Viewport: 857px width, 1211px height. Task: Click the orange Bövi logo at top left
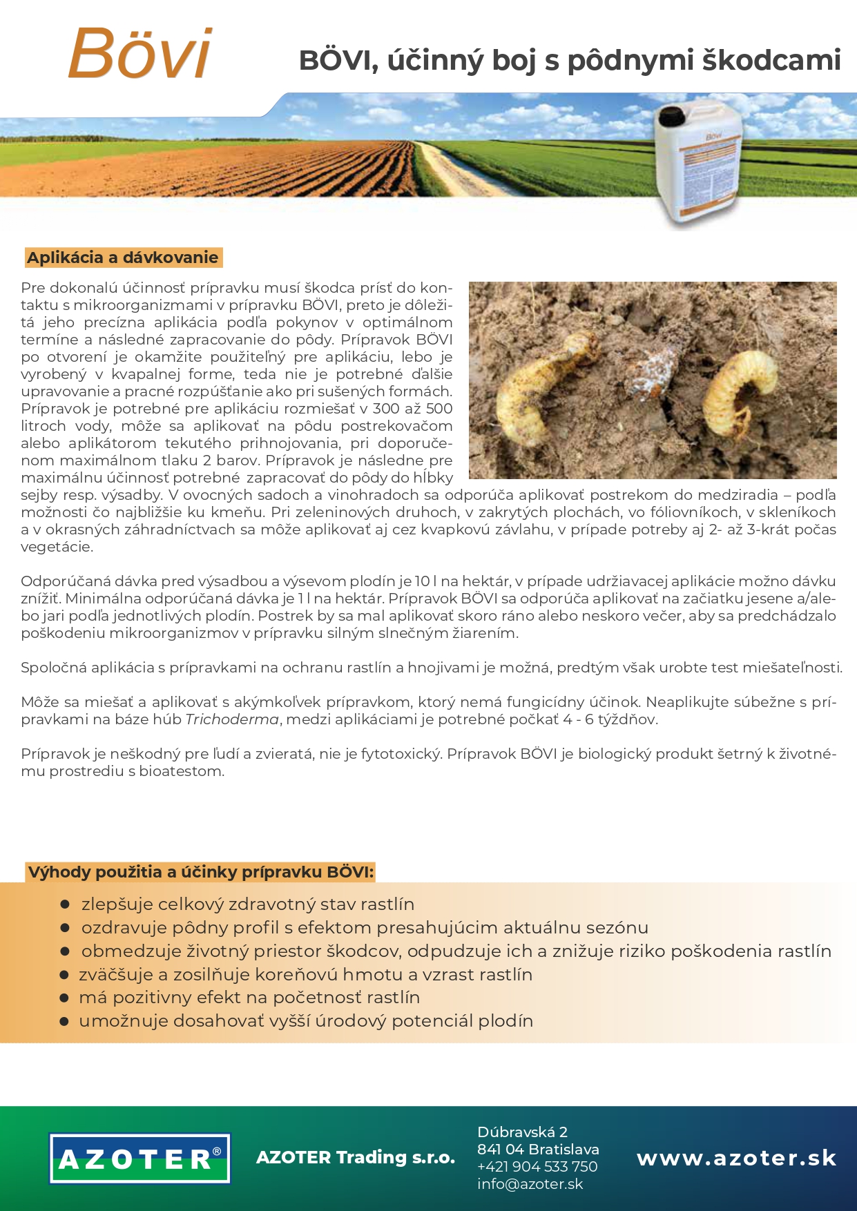point(140,53)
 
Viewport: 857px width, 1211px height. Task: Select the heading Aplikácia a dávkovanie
point(122,258)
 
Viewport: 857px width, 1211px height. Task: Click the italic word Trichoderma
point(232,719)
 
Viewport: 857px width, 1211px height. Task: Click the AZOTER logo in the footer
point(139,1158)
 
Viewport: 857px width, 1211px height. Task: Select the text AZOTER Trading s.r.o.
point(355,1157)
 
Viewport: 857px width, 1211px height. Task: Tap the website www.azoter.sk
point(736,1158)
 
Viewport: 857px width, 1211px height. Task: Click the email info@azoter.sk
point(530,1184)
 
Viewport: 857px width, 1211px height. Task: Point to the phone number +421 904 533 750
point(537,1167)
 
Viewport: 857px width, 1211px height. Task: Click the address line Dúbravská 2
point(522,1132)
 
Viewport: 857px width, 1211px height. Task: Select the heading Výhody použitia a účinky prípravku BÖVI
point(200,872)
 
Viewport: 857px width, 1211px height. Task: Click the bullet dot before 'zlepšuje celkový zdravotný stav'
point(66,904)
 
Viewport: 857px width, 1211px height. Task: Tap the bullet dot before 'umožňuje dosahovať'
point(64,1021)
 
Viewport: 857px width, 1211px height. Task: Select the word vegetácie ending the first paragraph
point(56,547)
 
